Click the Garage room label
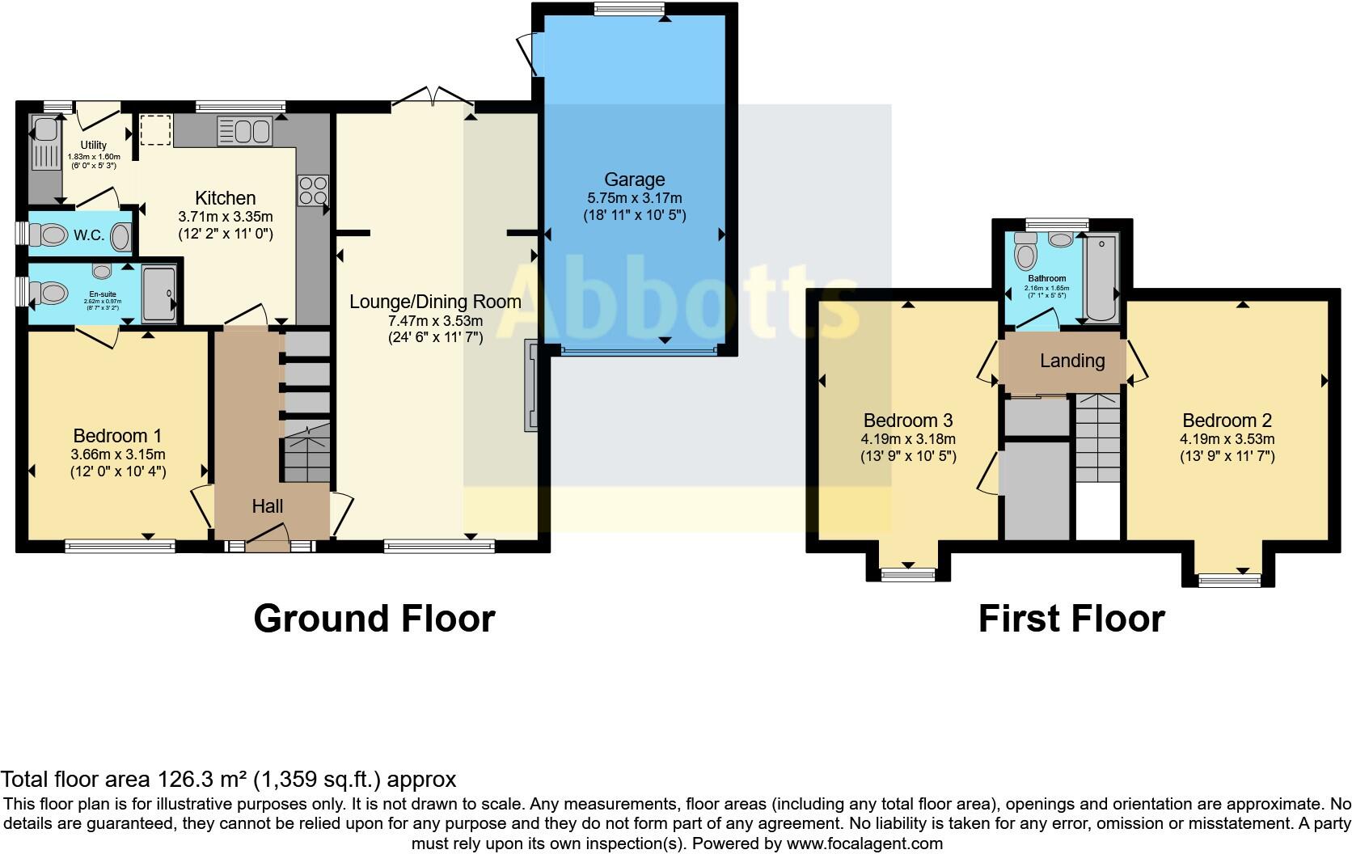[x=634, y=180]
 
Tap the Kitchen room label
[x=226, y=198]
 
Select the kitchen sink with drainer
[x=243, y=131]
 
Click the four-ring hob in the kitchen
[x=313, y=191]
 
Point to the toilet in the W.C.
[x=50, y=235]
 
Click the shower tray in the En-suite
[x=159, y=294]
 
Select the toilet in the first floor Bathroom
[x=1026, y=252]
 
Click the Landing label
[x=1072, y=361]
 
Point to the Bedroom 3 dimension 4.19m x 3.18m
[x=908, y=439]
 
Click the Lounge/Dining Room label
[x=435, y=302]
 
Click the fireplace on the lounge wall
[x=531, y=386]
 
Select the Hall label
[x=267, y=506]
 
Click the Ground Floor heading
[x=374, y=619]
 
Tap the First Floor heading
[x=1071, y=619]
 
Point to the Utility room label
[x=93, y=146]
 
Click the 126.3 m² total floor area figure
[x=205, y=780]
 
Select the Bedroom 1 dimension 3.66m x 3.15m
[x=118, y=454]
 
